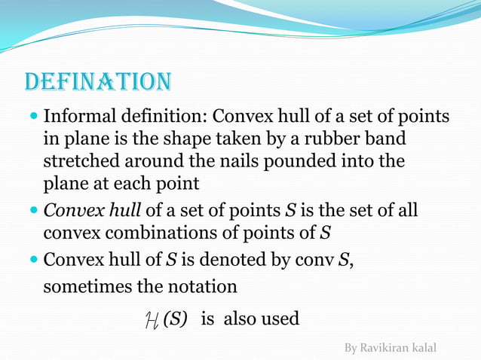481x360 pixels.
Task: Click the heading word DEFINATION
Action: [x=98, y=81]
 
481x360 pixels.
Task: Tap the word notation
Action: [x=205, y=287]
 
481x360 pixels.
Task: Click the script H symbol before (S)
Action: [x=151, y=320]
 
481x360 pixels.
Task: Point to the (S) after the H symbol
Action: [x=175, y=319]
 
